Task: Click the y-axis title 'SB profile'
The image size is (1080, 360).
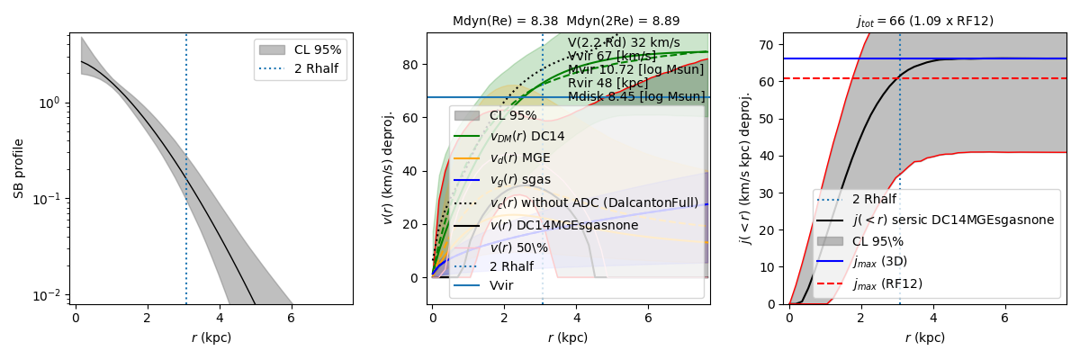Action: [x=18, y=169]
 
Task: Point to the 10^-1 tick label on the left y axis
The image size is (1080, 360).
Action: [x=50, y=199]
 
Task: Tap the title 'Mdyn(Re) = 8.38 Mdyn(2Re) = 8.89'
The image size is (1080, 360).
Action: [x=566, y=21]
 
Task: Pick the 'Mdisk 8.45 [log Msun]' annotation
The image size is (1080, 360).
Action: [x=636, y=97]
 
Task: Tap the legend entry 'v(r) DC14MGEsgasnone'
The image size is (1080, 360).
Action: [x=563, y=225]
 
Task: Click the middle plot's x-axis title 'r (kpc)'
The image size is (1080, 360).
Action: [x=567, y=338]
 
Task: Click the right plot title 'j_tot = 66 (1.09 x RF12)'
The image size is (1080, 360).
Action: [x=924, y=21]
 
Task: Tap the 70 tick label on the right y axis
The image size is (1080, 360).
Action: [x=768, y=43]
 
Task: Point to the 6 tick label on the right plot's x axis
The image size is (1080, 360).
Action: [x=1004, y=319]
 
